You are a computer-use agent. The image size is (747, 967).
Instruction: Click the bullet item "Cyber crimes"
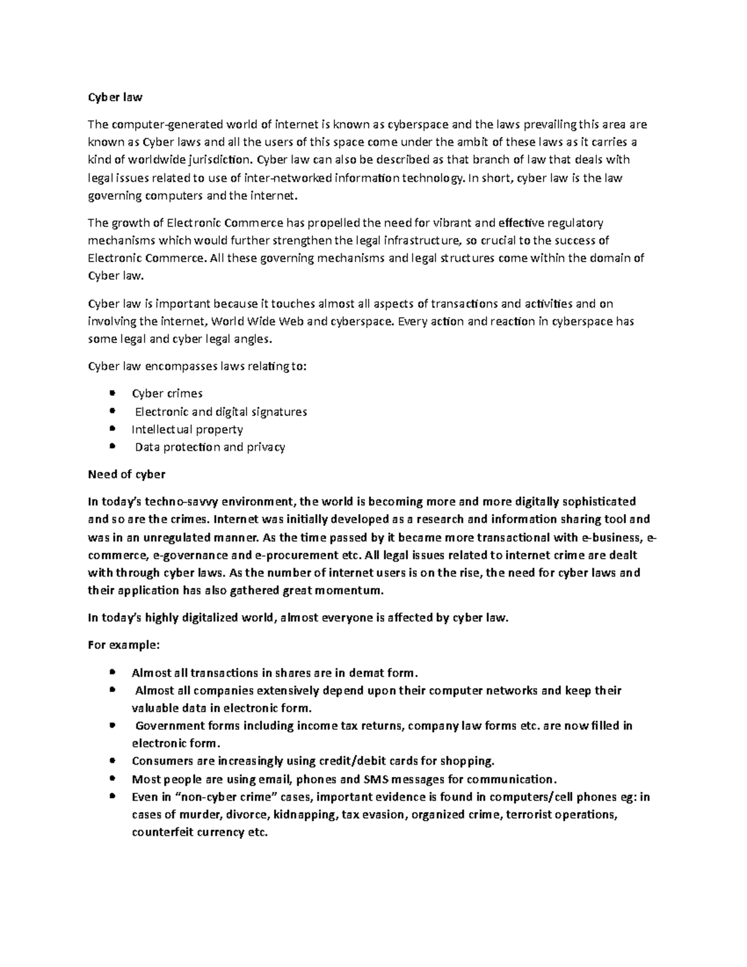pyautogui.click(x=167, y=394)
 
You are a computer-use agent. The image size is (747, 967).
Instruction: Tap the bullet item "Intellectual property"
pyautogui.click(x=187, y=429)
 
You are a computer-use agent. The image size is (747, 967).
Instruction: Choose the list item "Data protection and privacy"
pyautogui.click(x=210, y=447)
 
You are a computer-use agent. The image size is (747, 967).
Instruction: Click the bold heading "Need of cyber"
pyautogui.click(x=126, y=474)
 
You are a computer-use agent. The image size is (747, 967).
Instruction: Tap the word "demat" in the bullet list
pyautogui.click(x=370, y=672)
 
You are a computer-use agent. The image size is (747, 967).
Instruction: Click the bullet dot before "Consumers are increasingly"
pyautogui.click(x=112, y=760)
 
